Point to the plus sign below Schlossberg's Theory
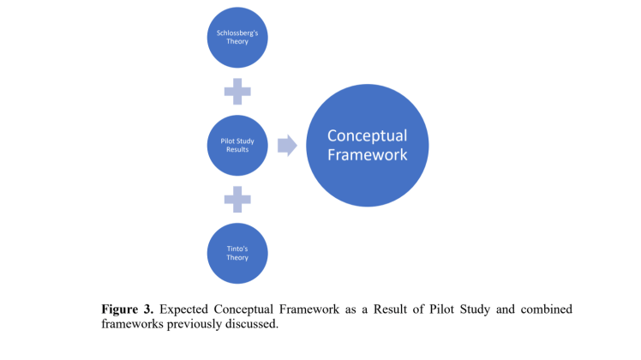click(x=237, y=91)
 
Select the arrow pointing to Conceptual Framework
click(x=287, y=145)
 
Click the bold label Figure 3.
click(x=129, y=308)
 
